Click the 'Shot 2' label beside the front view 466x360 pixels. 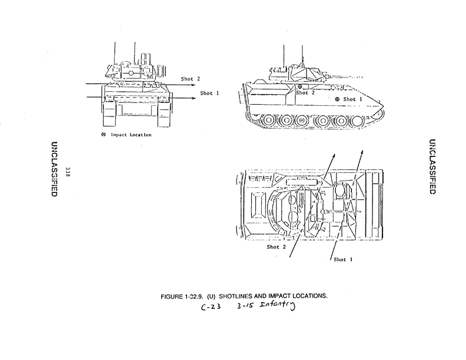191,79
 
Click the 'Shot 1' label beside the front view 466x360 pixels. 209,93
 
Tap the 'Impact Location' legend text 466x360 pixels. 131,135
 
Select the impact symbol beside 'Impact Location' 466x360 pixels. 104,135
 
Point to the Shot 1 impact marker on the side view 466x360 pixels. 337,99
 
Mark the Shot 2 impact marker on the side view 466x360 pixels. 300,87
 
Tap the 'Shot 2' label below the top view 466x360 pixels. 276,247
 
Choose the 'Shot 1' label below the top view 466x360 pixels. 343,259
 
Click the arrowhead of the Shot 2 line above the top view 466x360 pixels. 334,155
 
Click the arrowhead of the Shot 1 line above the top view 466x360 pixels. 362,152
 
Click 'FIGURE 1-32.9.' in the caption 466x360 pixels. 182,295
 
